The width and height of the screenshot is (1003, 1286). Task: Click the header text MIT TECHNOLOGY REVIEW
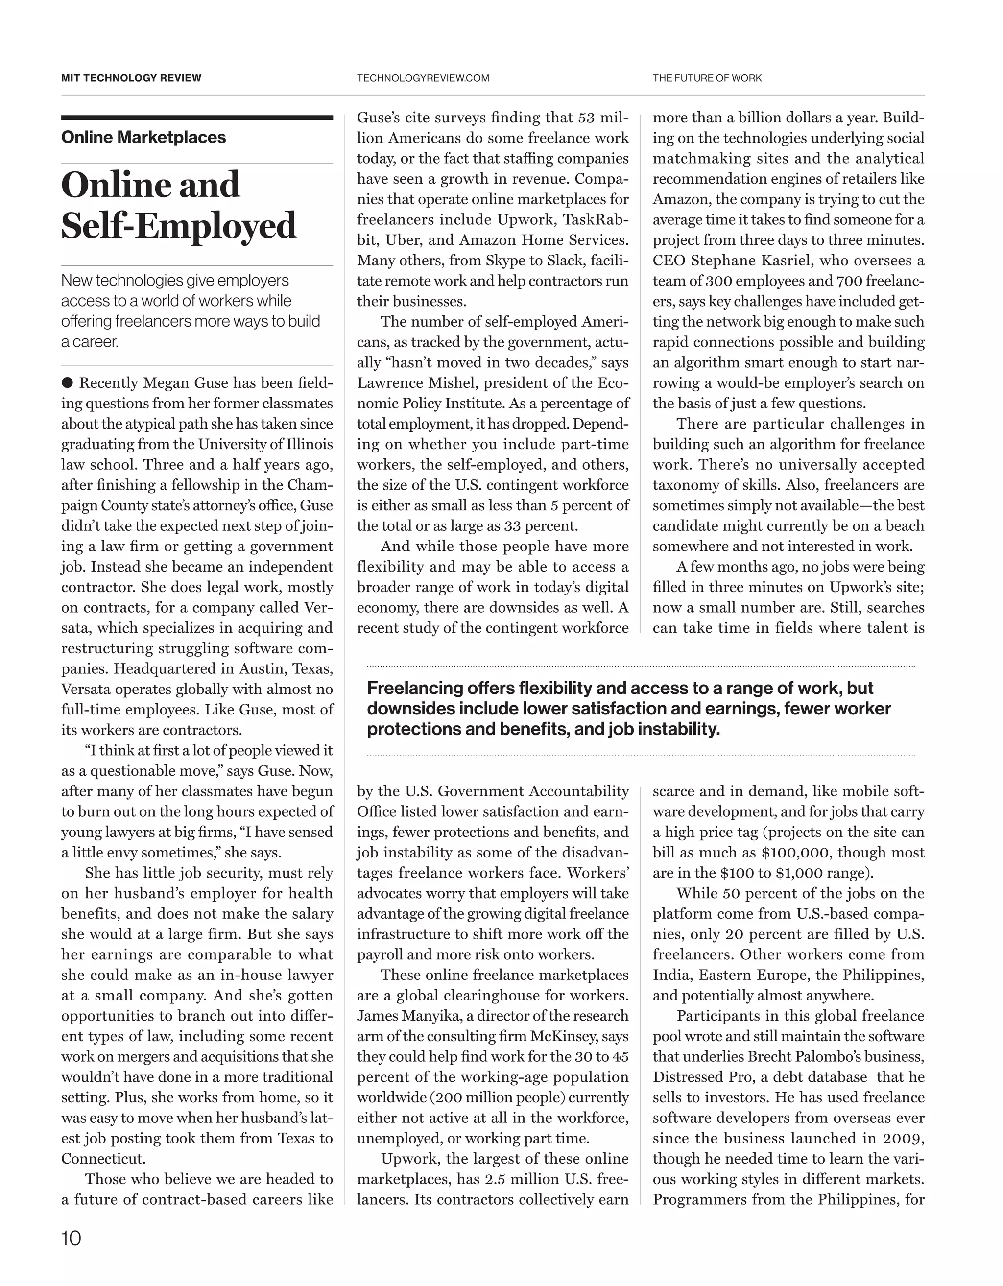tap(131, 78)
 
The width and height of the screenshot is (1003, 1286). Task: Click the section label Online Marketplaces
tap(143, 137)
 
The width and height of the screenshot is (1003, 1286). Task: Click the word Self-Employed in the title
tap(179, 226)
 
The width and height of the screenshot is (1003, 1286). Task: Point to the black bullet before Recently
tap(67, 383)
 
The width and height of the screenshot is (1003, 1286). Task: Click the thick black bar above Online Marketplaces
tap(197, 118)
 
